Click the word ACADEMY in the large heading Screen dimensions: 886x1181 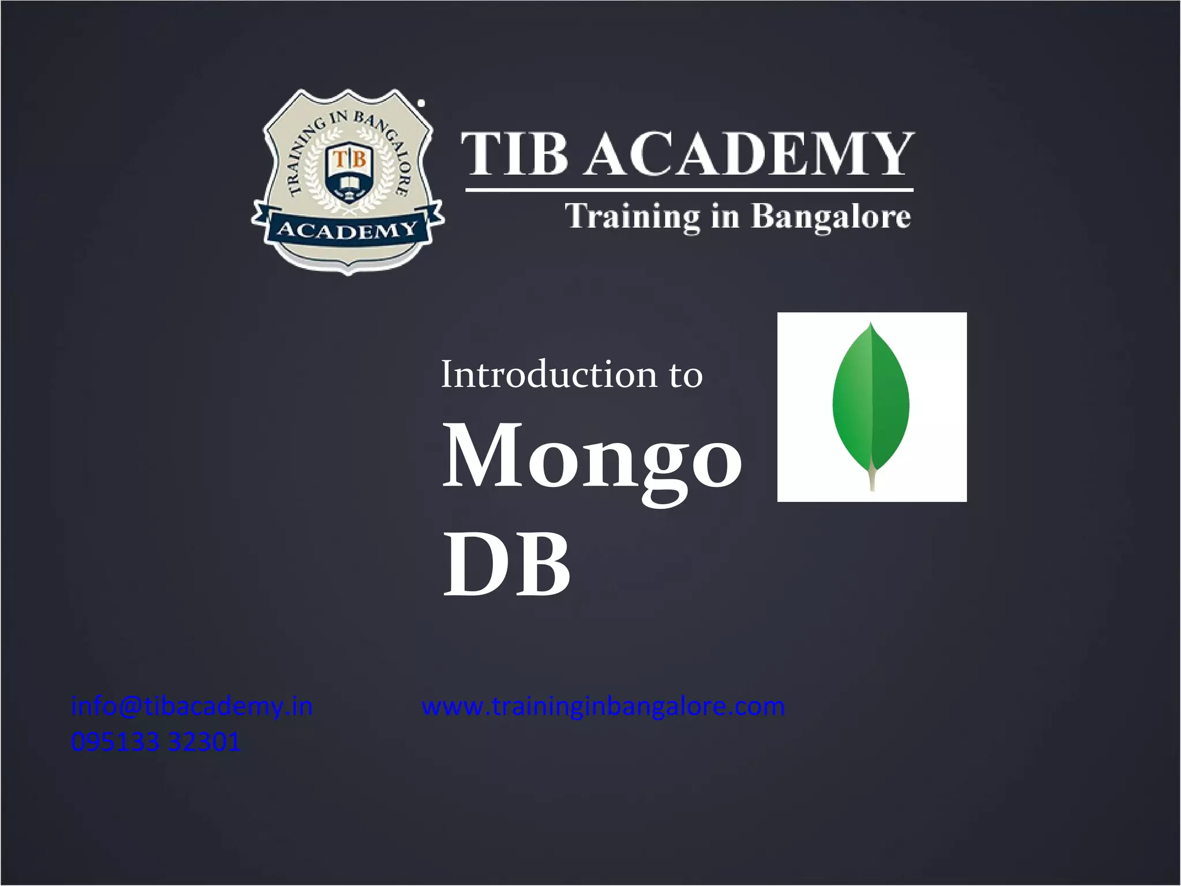[750, 153]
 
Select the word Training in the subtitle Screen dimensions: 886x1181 [632, 217]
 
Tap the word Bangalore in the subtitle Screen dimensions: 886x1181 [831, 217]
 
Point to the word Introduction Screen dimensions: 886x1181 [548, 374]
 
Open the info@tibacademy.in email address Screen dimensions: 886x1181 [191, 707]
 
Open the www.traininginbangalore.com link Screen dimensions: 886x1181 [603, 707]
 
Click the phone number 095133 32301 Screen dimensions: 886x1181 [156, 742]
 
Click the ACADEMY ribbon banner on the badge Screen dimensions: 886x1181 [347, 230]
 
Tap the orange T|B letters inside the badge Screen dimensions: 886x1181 [350, 158]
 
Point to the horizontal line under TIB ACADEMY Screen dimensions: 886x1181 [689, 189]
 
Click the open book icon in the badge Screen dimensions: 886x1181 [349, 185]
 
